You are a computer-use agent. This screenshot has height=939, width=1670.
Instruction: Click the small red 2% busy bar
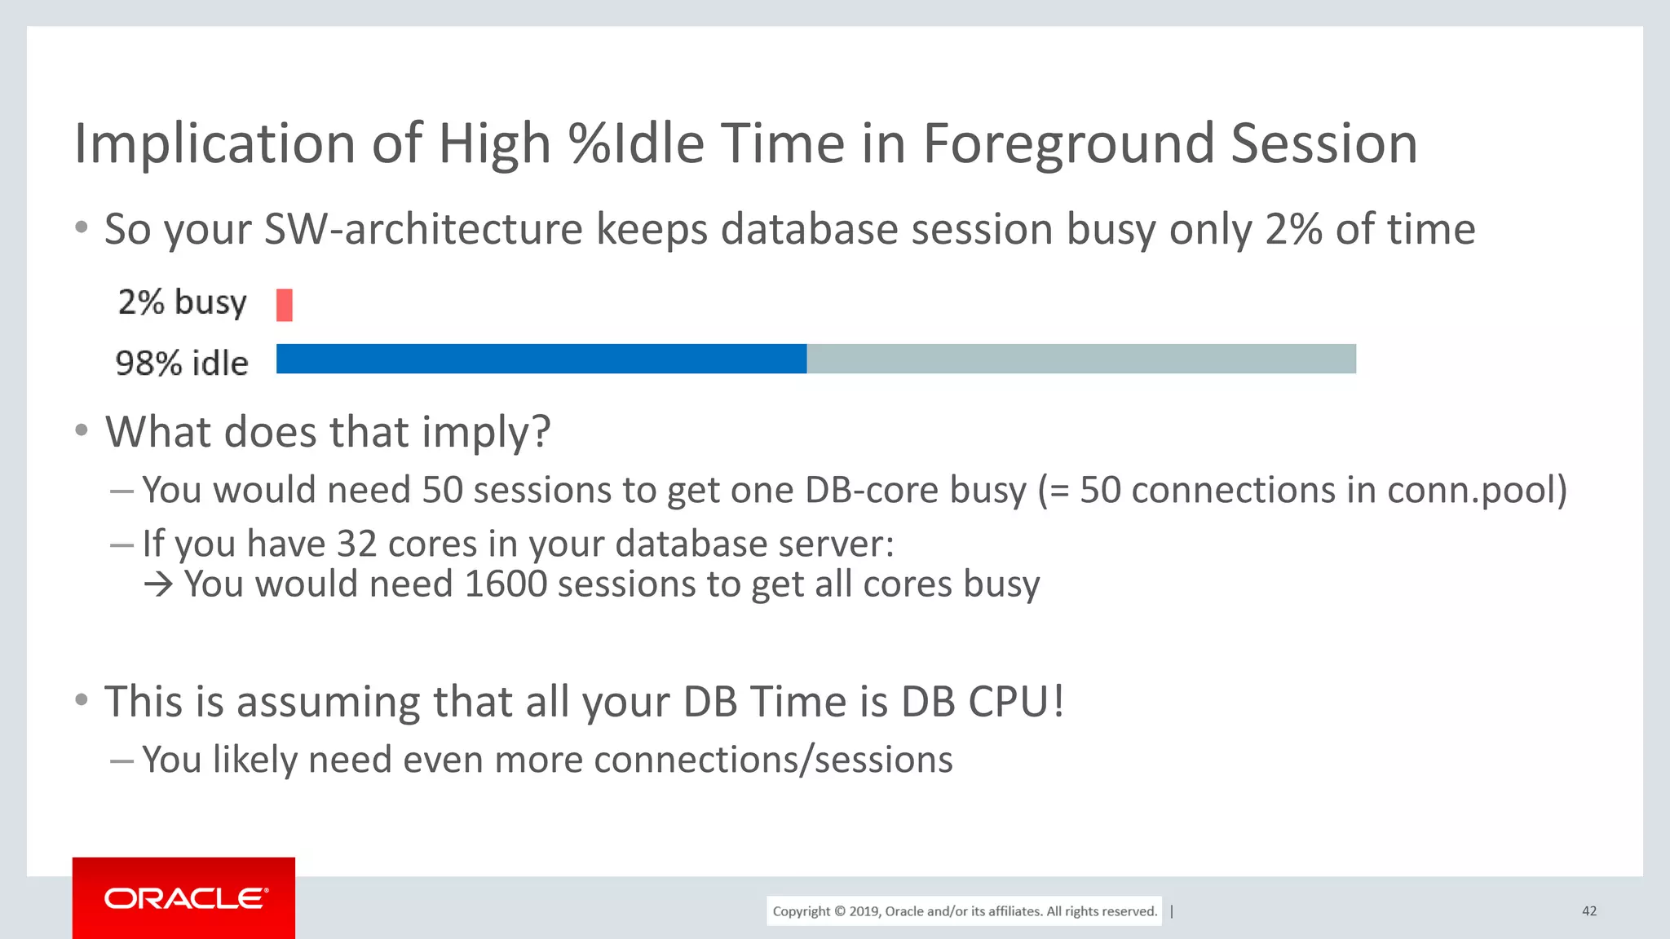(x=284, y=305)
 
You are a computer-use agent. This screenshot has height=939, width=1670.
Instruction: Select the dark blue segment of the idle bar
(x=541, y=359)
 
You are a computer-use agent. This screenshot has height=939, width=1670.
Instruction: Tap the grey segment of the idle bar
(x=1081, y=359)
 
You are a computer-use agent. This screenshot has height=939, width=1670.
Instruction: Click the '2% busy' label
(x=182, y=302)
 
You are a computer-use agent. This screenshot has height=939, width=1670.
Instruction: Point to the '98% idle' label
(x=182, y=364)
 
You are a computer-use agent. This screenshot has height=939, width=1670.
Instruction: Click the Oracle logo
(x=184, y=898)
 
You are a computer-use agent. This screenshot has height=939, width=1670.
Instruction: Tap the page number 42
(x=1588, y=911)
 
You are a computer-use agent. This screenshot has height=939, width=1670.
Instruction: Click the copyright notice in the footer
(x=964, y=911)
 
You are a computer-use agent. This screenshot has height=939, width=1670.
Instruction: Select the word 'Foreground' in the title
(x=1069, y=144)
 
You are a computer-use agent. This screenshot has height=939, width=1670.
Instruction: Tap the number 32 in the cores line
(x=356, y=544)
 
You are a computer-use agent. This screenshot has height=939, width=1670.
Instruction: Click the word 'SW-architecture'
(x=423, y=229)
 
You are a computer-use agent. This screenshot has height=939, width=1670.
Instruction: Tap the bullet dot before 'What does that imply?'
(x=81, y=430)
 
